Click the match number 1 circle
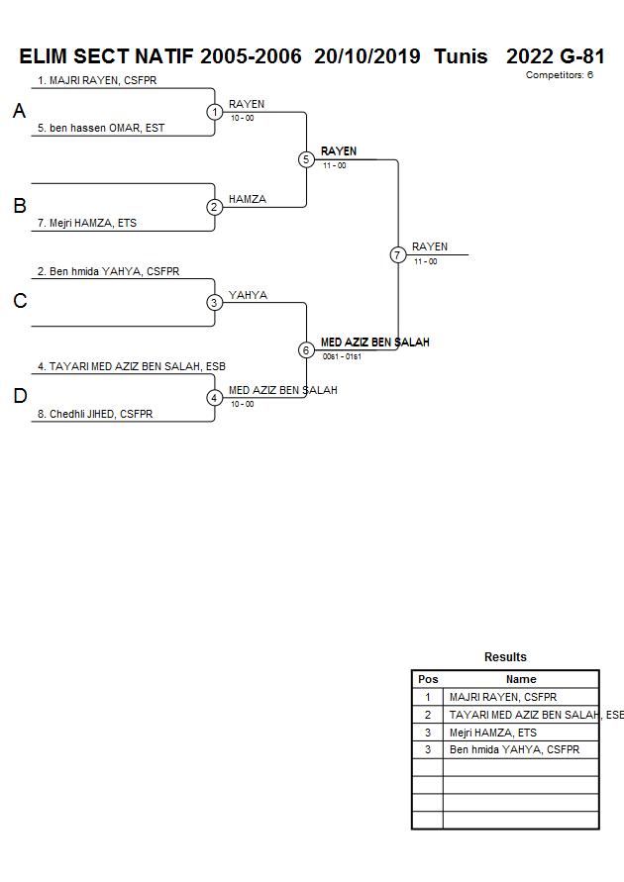click(215, 112)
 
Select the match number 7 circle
click(398, 255)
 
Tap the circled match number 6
click(306, 350)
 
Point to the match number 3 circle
click(215, 303)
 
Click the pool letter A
click(19, 112)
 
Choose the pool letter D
click(19, 397)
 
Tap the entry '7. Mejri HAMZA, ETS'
click(87, 224)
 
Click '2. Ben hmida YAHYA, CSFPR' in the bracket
click(108, 271)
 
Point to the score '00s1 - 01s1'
click(342, 356)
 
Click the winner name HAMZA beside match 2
click(248, 199)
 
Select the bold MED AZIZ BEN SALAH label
click(374, 342)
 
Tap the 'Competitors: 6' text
click(559, 75)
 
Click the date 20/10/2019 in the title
click(367, 56)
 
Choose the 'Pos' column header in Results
click(428, 679)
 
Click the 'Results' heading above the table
click(505, 657)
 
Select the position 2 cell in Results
click(428, 715)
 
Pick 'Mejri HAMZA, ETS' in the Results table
click(492, 733)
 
